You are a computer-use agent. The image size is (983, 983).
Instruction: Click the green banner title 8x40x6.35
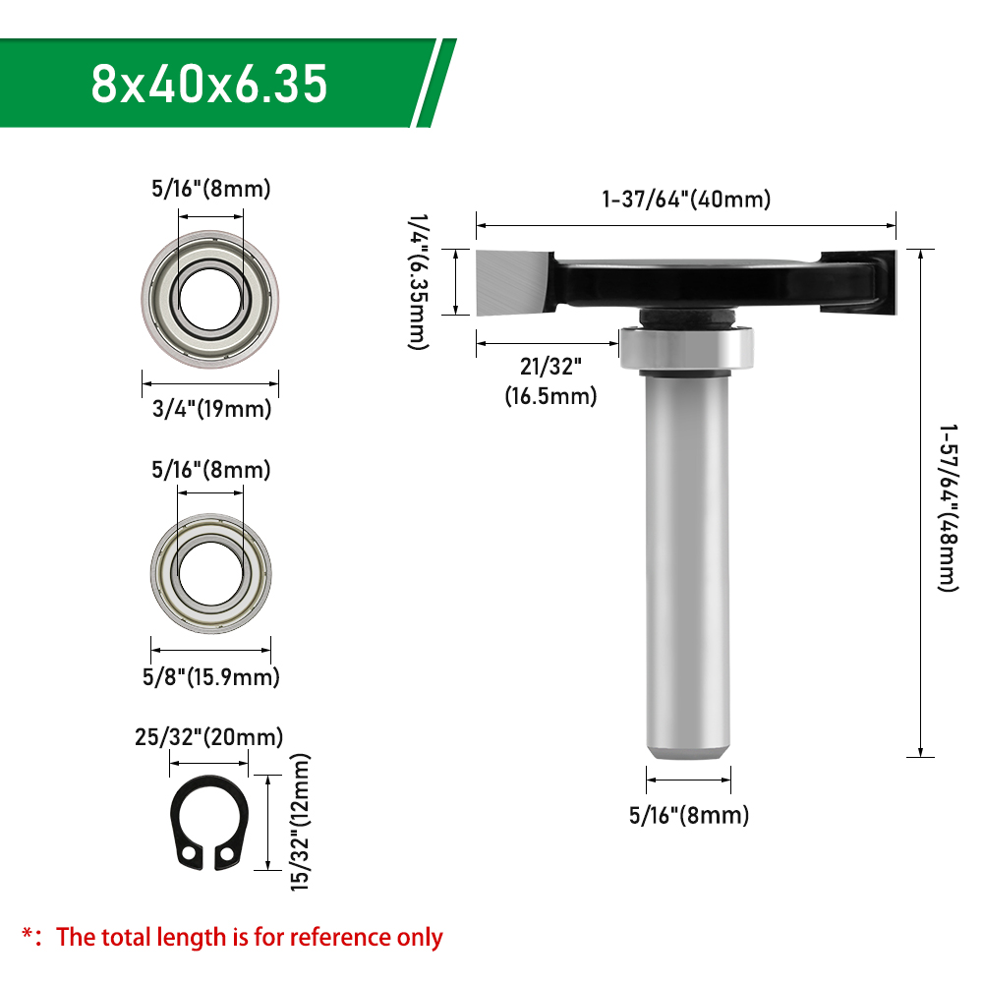click(x=209, y=84)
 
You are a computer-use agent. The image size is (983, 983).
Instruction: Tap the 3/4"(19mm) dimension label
click(x=212, y=409)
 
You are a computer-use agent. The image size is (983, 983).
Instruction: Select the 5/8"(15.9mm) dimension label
click(x=210, y=677)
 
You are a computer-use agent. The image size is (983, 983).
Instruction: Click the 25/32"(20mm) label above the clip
click(x=208, y=736)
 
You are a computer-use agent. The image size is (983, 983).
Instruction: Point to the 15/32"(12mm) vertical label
click(x=300, y=822)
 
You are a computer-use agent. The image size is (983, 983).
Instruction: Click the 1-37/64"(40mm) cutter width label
click(x=686, y=200)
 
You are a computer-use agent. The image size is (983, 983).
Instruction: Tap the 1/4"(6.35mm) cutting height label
click(x=419, y=281)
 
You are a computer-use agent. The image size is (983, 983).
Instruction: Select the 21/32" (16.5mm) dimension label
click(x=550, y=381)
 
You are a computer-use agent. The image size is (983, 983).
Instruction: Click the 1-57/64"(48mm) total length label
click(x=949, y=508)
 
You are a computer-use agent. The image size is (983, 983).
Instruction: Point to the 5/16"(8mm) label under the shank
click(x=689, y=815)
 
